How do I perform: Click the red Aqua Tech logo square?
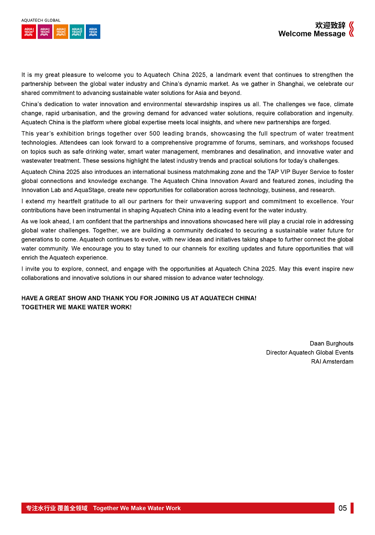[x=29, y=32]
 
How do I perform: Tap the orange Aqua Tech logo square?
[x=61, y=32]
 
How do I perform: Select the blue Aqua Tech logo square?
[x=93, y=32]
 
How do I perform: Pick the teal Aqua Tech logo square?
[x=77, y=32]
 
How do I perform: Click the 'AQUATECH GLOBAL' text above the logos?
[x=41, y=21]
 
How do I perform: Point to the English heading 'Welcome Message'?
[x=312, y=34]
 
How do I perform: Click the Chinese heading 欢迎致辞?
[x=330, y=25]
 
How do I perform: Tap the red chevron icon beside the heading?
[x=351, y=29]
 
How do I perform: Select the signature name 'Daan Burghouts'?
[x=331, y=343]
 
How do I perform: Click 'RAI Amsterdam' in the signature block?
[x=332, y=362]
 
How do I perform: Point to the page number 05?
[x=342, y=508]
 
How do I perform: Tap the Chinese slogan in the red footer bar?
[x=57, y=508]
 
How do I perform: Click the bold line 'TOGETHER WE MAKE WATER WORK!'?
[x=76, y=307]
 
